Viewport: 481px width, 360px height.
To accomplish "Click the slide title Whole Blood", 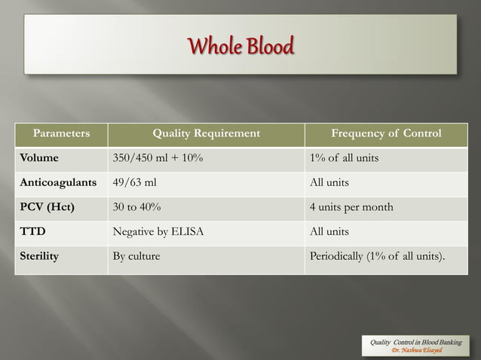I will pos(240,47).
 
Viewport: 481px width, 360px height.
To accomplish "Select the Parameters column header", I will pos(60,134).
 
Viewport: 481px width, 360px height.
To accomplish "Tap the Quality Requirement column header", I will pos(206,134).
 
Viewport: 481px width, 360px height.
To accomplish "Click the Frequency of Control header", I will pos(386,134).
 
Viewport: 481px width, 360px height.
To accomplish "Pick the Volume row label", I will pos(38,158).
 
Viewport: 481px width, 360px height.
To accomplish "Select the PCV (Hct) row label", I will pos(47,207).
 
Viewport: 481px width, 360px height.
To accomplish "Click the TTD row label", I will pos(32,232).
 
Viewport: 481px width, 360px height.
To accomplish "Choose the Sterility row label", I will pos(39,256).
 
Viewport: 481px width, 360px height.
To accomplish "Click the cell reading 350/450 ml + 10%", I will pos(157,158).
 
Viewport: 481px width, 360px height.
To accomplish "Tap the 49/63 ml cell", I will pos(134,183).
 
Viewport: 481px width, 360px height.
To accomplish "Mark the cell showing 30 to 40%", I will pos(136,207).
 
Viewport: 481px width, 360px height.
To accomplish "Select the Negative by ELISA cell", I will pos(158,232).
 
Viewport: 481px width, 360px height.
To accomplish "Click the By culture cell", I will pos(136,256).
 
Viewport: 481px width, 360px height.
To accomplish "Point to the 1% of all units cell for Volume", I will pos(344,158).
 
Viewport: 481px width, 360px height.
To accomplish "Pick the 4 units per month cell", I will pos(351,207).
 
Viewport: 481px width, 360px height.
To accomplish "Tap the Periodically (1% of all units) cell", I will pos(378,256).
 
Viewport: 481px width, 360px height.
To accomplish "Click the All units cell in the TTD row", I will pos(329,232).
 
